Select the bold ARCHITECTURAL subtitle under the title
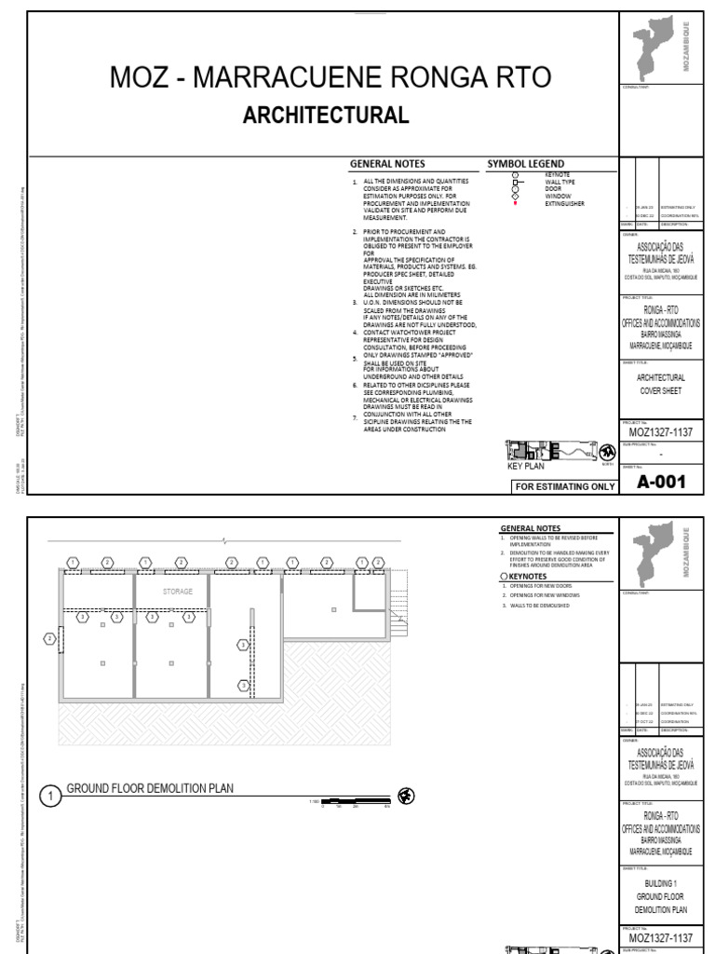(325, 116)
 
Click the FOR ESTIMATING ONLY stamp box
(564, 486)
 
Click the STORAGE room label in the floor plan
(178, 591)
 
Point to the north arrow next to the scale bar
(406, 795)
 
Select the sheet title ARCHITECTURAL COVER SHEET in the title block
(660, 385)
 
